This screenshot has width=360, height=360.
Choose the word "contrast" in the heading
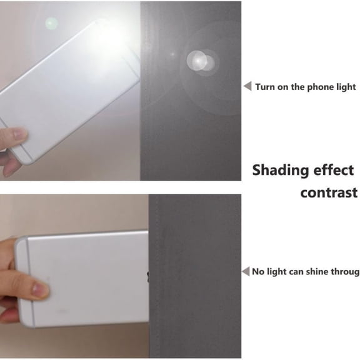[329, 193]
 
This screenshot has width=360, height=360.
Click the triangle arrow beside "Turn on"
[248, 86]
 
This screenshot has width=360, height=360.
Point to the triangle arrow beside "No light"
[246, 271]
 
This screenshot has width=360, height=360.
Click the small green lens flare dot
[51, 23]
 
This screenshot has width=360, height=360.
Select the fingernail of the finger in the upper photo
[21, 133]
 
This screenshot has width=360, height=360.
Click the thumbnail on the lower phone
[38, 289]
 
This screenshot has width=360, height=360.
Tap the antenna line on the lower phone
[31, 282]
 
